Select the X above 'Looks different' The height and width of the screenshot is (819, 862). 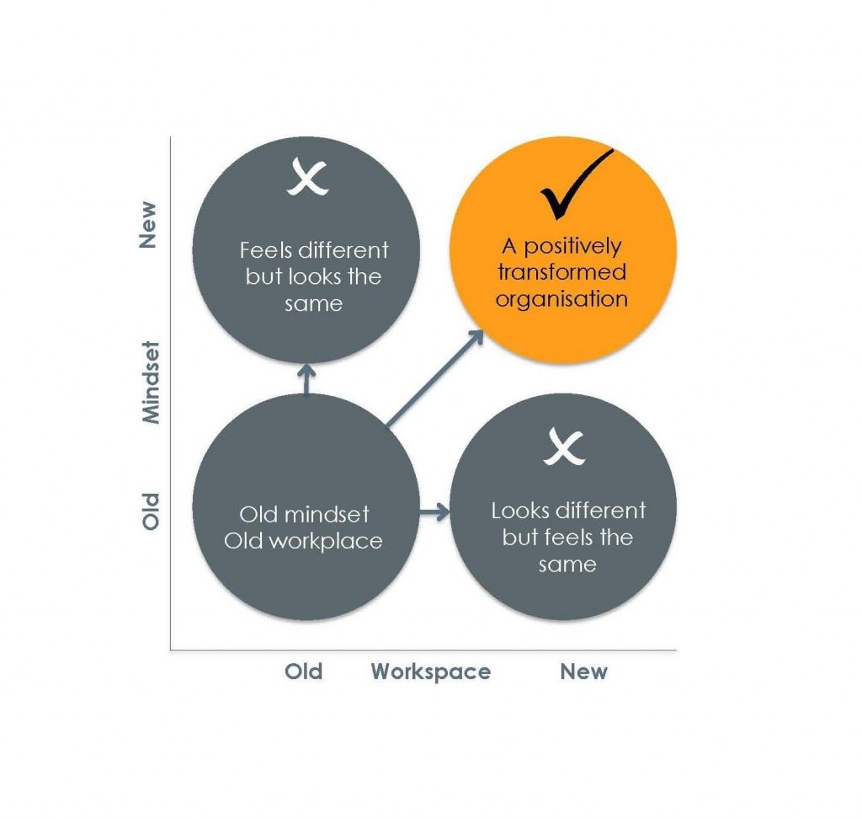click(563, 446)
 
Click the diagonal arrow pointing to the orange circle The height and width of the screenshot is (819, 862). click(434, 377)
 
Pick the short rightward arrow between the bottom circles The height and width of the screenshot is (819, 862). click(434, 511)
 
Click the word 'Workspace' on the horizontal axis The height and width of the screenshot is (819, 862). click(431, 672)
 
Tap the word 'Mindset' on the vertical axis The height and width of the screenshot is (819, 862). click(150, 381)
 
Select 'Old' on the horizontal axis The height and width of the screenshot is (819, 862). click(303, 672)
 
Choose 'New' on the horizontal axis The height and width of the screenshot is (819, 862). click(583, 672)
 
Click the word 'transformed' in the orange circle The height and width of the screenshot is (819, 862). click(561, 272)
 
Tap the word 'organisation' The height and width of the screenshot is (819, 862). click(561, 299)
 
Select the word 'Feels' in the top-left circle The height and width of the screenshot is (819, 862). click(265, 250)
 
